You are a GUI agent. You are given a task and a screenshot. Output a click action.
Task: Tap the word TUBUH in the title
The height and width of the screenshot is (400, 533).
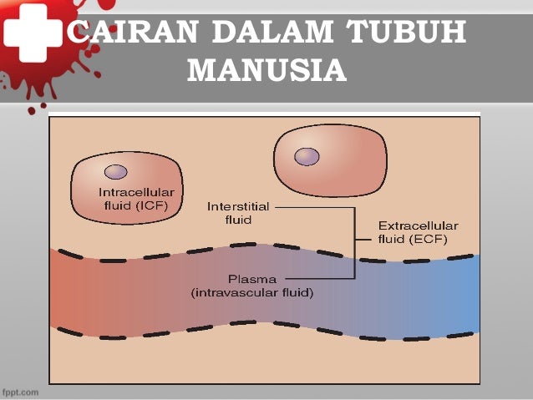click(x=405, y=35)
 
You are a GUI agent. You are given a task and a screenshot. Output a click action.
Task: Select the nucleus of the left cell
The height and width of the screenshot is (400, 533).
click(x=115, y=172)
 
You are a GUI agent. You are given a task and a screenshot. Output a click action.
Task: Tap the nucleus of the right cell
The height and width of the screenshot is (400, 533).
click(x=307, y=156)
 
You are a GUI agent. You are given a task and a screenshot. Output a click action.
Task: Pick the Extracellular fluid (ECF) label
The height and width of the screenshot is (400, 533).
click(x=413, y=232)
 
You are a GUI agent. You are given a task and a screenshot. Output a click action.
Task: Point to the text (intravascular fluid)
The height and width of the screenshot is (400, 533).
click(x=251, y=292)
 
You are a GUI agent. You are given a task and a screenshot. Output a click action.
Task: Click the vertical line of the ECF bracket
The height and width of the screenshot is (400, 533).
click(x=355, y=241)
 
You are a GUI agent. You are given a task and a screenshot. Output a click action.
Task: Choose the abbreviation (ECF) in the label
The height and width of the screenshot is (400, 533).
click(x=429, y=239)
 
